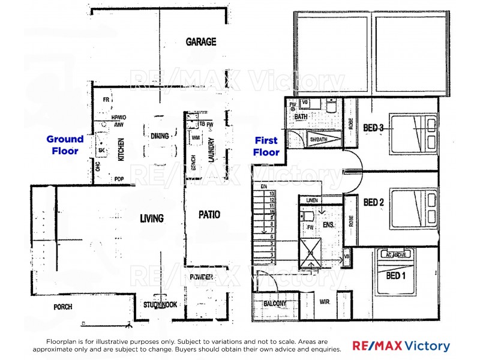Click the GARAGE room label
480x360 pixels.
click(200, 42)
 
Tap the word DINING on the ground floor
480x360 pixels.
click(160, 136)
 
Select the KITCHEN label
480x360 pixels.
click(120, 149)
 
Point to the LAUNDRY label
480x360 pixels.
click(211, 149)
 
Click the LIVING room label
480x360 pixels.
click(152, 218)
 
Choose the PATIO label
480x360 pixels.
click(209, 214)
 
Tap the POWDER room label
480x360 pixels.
click(201, 277)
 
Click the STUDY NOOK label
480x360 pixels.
click(160, 305)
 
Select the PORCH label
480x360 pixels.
click(62, 307)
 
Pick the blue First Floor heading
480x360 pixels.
click(266, 146)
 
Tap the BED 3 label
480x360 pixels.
click(374, 128)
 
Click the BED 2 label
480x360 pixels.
click(373, 202)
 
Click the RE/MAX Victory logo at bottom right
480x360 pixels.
click(401, 346)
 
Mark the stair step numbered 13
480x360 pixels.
click(272, 194)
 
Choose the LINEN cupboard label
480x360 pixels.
click(311, 200)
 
